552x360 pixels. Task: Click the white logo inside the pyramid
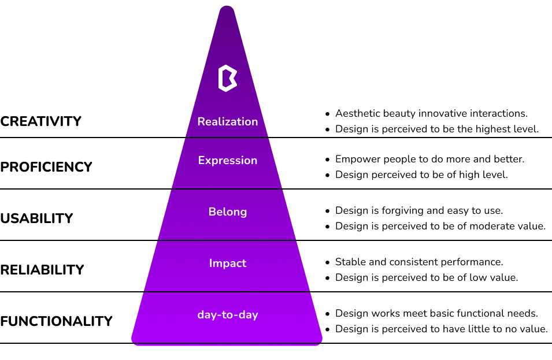point(227,78)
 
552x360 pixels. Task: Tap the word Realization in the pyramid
point(227,121)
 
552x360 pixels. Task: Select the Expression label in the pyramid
point(227,161)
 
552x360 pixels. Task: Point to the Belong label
point(227,212)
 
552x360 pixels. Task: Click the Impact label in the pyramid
point(227,263)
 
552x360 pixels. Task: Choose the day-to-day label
point(227,314)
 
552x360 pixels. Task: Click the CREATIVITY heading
point(40,121)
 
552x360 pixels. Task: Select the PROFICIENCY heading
point(46,167)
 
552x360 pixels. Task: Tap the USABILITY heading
point(36,218)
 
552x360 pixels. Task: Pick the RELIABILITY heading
point(42,269)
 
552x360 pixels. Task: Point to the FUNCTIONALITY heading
point(56,321)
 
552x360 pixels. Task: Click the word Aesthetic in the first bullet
point(357,113)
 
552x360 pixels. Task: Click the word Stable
point(351,262)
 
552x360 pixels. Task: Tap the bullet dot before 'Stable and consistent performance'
point(328,262)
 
